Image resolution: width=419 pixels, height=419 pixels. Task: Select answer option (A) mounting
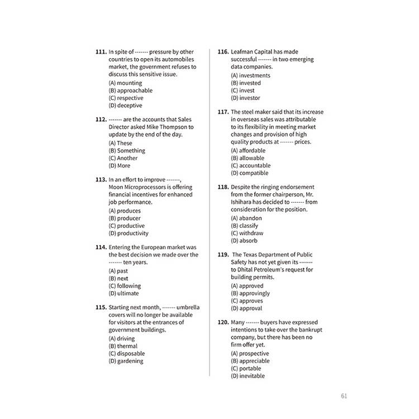[x=125, y=83]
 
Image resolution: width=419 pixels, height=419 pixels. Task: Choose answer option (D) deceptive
[x=125, y=106]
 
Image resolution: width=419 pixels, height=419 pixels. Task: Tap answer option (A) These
[x=121, y=144]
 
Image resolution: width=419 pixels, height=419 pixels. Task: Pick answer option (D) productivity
[x=128, y=234]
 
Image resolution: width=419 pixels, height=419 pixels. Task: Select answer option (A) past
[x=118, y=271]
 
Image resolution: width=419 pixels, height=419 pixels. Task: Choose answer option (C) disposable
[x=127, y=354]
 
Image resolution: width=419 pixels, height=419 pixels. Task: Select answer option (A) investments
[x=250, y=75]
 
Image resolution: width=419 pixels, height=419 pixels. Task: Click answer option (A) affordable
[x=248, y=151]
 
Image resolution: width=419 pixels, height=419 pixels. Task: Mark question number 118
[x=223, y=187]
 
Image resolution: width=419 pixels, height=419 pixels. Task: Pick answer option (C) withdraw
[x=247, y=234]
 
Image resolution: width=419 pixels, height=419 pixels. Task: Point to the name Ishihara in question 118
[x=244, y=202]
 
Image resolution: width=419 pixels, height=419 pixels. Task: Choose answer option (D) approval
[x=246, y=308]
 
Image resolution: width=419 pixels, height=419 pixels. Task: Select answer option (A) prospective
[x=250, y=354]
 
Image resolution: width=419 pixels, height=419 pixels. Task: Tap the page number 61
[x=344, y=397]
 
